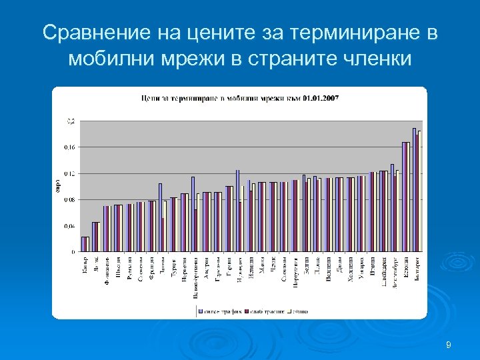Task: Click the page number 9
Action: (x=449, y=345)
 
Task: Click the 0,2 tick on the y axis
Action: (x=69, y=121)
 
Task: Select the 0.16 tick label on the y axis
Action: (x=69, y=147)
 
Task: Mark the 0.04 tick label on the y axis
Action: (x=69, y=226)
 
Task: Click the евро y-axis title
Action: (x=58, y=187)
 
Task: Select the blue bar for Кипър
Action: (x=83, y=244)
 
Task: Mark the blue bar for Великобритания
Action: (x=193, y=214)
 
